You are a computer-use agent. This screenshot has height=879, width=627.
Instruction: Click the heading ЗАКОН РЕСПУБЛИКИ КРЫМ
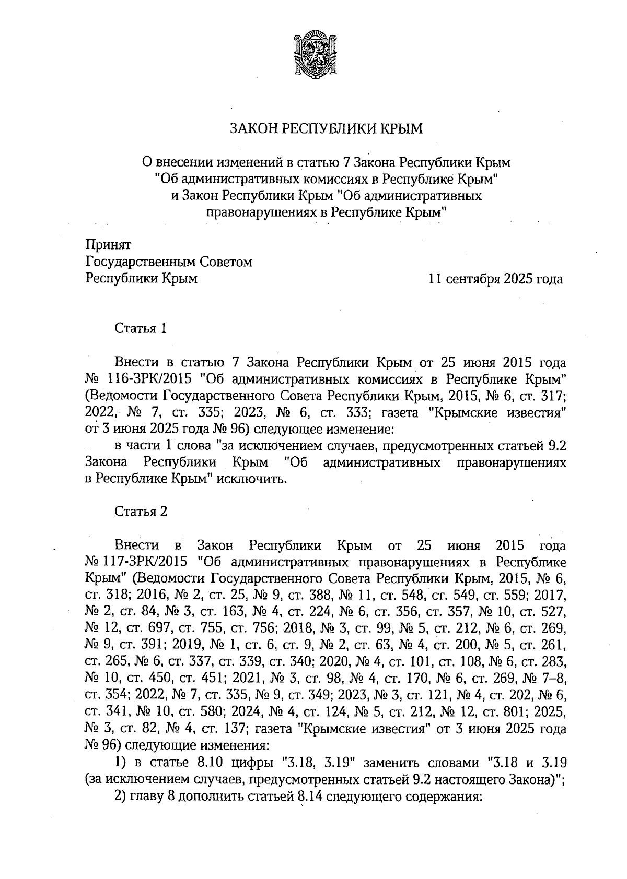pos(327,128)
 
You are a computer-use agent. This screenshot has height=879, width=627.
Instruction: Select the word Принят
pos(108,244)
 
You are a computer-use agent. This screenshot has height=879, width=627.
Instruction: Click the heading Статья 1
pos(140,329)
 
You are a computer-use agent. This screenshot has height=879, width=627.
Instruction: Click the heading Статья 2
pos(141,512)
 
